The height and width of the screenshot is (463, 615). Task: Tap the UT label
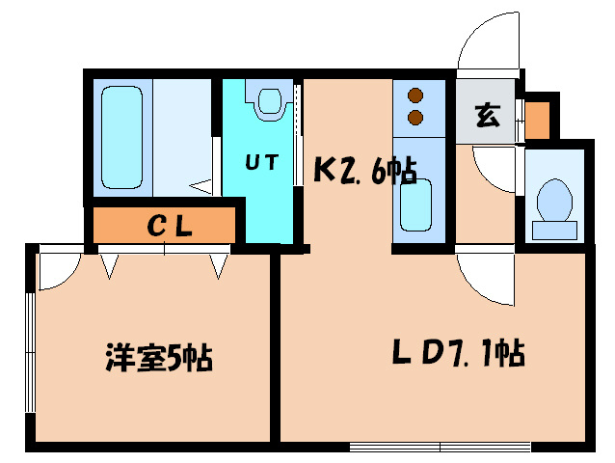click(x=260, y=163)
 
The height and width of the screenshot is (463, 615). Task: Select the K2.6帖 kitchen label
click(x=365, y=171)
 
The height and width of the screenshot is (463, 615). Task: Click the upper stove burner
click(x=416, y=96)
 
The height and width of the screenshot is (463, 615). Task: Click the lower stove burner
click(x=416, y=118)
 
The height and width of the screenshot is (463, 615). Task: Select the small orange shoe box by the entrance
click(x=537, y=118)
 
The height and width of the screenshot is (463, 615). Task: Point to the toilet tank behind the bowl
click(x=554, y=229)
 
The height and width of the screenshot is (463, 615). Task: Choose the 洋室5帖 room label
click(x=159, y=358)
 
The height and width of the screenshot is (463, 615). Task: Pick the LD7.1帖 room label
click(x=458, y=354)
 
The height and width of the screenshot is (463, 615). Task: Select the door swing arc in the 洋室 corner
click(x=56, y=272)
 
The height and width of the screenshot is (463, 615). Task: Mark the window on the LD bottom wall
click(x=440, y=446)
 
